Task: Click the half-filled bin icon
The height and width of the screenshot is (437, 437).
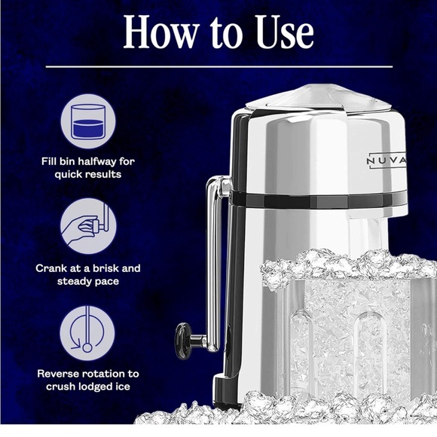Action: coord(89,121)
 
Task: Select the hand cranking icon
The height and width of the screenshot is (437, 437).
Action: coord(89,225)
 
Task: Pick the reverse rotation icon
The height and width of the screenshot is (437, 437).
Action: coord(89,332)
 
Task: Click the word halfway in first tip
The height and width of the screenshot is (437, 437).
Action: coord(113,160)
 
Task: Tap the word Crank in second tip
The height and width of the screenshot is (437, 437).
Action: coord(55,267)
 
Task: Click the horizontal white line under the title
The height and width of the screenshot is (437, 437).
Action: coord(218,66)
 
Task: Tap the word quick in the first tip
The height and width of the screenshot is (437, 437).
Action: coord(72,174)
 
